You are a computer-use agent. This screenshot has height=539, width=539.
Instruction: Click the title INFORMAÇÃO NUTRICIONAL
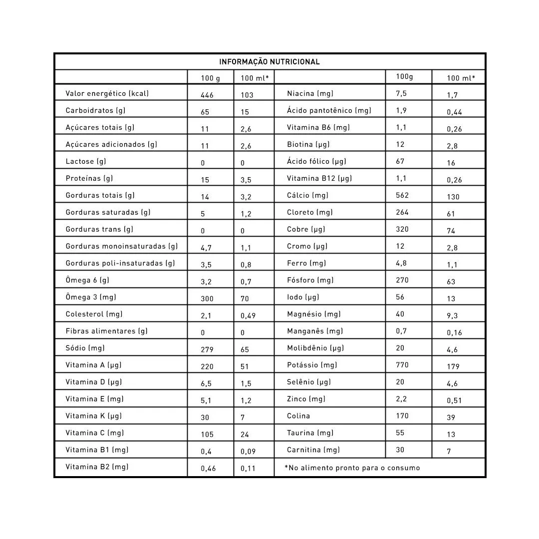[269, 62]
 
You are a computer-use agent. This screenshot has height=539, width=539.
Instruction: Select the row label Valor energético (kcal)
[107, 93]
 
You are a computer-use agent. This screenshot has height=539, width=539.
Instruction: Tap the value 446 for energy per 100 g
[207, 95]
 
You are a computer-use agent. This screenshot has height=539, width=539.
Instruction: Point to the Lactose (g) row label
[86, 161]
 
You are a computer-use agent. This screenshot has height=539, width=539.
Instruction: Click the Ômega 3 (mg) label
[90, 297]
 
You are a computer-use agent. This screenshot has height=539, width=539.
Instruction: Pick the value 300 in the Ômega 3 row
[207, 298]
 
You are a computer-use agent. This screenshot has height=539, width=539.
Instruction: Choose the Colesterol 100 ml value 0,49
[249, 315]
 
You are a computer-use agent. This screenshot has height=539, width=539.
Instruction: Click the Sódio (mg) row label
[85, 348]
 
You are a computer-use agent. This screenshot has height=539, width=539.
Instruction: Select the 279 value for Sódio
[207, 349]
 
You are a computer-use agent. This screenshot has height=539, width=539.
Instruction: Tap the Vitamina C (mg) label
[94, 433]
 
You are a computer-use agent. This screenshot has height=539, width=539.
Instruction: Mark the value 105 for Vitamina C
[207, 434]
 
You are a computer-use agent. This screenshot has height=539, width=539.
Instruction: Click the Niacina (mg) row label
[310, 93]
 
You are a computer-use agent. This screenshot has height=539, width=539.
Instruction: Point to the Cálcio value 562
[402, 195]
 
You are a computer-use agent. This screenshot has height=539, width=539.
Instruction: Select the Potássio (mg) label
[312, 365]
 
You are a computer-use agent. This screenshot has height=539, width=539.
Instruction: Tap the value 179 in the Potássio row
[453, 366]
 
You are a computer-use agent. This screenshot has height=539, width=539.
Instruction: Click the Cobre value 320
[402, 229]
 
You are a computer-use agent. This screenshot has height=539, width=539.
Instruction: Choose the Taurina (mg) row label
[310, 433]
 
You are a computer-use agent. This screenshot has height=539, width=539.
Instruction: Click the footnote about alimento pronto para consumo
[352, 468]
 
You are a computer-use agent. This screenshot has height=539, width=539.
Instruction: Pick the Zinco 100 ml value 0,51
[454, 400]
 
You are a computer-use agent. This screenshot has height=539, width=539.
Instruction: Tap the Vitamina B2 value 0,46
[208, 468]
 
